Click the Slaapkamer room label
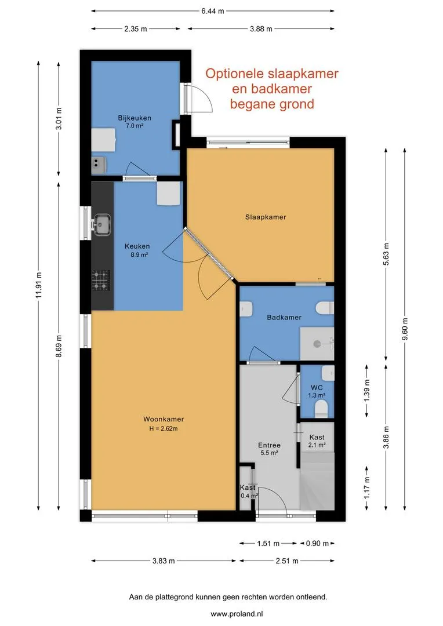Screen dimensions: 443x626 (266, 217)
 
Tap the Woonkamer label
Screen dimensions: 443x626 (164, 419)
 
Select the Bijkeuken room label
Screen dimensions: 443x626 (135, 118)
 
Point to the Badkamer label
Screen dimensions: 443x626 (284, 318)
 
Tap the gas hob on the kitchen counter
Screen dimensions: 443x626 (101, 281)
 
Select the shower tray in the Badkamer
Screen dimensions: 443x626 (317, 344)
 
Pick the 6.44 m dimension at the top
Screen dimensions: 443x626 (212, 11)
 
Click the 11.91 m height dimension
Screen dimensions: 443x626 (38, 285)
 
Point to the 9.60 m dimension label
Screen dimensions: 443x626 (405, 329)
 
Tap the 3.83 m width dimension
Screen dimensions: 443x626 (164, 561)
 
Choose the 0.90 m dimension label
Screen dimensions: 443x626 (318, 543)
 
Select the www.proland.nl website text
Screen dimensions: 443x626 (237, 614)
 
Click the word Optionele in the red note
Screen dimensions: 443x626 (234, 74)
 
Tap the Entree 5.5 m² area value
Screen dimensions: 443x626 (269, 453)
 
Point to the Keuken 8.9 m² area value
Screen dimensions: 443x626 (139, 254)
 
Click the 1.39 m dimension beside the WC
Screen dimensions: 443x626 (367, 390)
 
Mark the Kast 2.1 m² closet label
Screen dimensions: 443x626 (317, 441)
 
